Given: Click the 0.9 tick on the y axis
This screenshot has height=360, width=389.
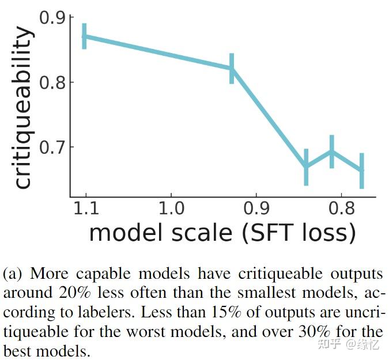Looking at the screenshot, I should pos(52,18).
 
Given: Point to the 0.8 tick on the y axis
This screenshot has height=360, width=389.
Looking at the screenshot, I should pos(52,82).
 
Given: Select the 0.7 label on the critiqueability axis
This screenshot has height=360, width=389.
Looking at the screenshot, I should pos(52,147).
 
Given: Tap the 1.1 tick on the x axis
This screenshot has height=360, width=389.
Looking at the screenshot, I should pos(85,208).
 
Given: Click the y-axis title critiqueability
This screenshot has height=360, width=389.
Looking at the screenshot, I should pos(22,107).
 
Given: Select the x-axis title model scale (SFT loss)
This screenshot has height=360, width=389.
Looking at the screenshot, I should pos(222,233).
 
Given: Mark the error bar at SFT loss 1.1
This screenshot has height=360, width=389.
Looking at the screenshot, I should pos(85,36).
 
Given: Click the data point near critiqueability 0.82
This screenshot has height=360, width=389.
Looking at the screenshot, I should pos(232,68).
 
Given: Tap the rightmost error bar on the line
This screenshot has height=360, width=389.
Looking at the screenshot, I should pos(361,170).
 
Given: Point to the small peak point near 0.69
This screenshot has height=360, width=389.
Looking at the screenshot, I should pos(331,151).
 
